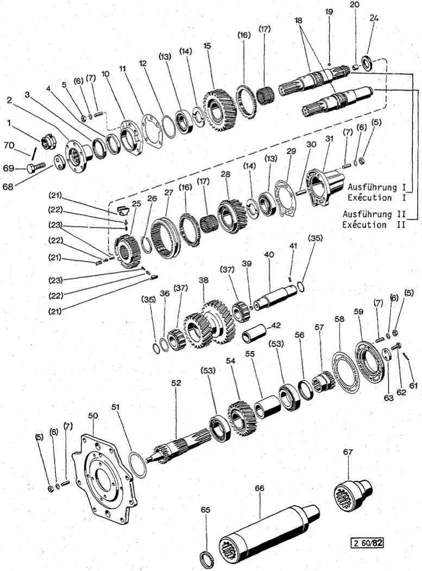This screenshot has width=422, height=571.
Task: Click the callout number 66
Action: point(260,489)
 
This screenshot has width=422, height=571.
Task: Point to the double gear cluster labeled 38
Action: point(209,326)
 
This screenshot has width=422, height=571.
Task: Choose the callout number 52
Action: point(176,383)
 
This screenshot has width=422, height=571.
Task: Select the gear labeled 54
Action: point(242,417)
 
